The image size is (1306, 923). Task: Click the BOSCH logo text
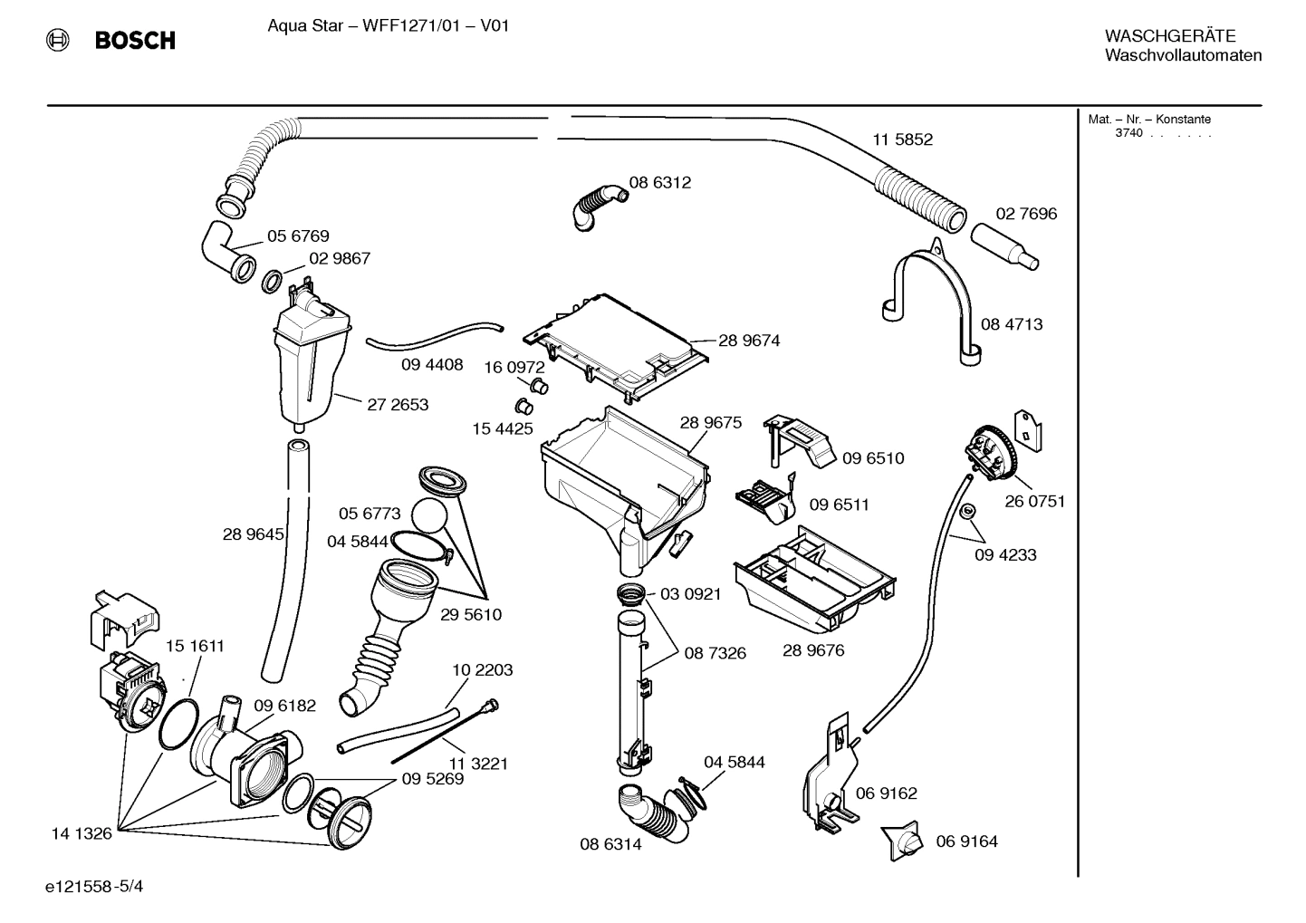tap(134, 41)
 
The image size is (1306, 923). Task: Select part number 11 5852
tap(902, 139)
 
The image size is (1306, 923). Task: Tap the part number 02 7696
tap(1026, 214)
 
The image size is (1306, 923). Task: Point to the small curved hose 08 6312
tap(597, 204)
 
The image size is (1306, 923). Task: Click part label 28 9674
tap(749, 341)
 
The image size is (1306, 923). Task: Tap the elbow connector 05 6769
tap(226, 250)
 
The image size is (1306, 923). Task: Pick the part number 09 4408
tap(432, 364)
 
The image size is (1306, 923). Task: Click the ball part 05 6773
tap(430, 517)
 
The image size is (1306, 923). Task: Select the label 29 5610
tap(471, 614)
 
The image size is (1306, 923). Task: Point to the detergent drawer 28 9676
tap(815, 581)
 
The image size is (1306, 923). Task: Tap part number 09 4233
tap(1005, 555)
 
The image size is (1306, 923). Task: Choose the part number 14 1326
tap(82, 833)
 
